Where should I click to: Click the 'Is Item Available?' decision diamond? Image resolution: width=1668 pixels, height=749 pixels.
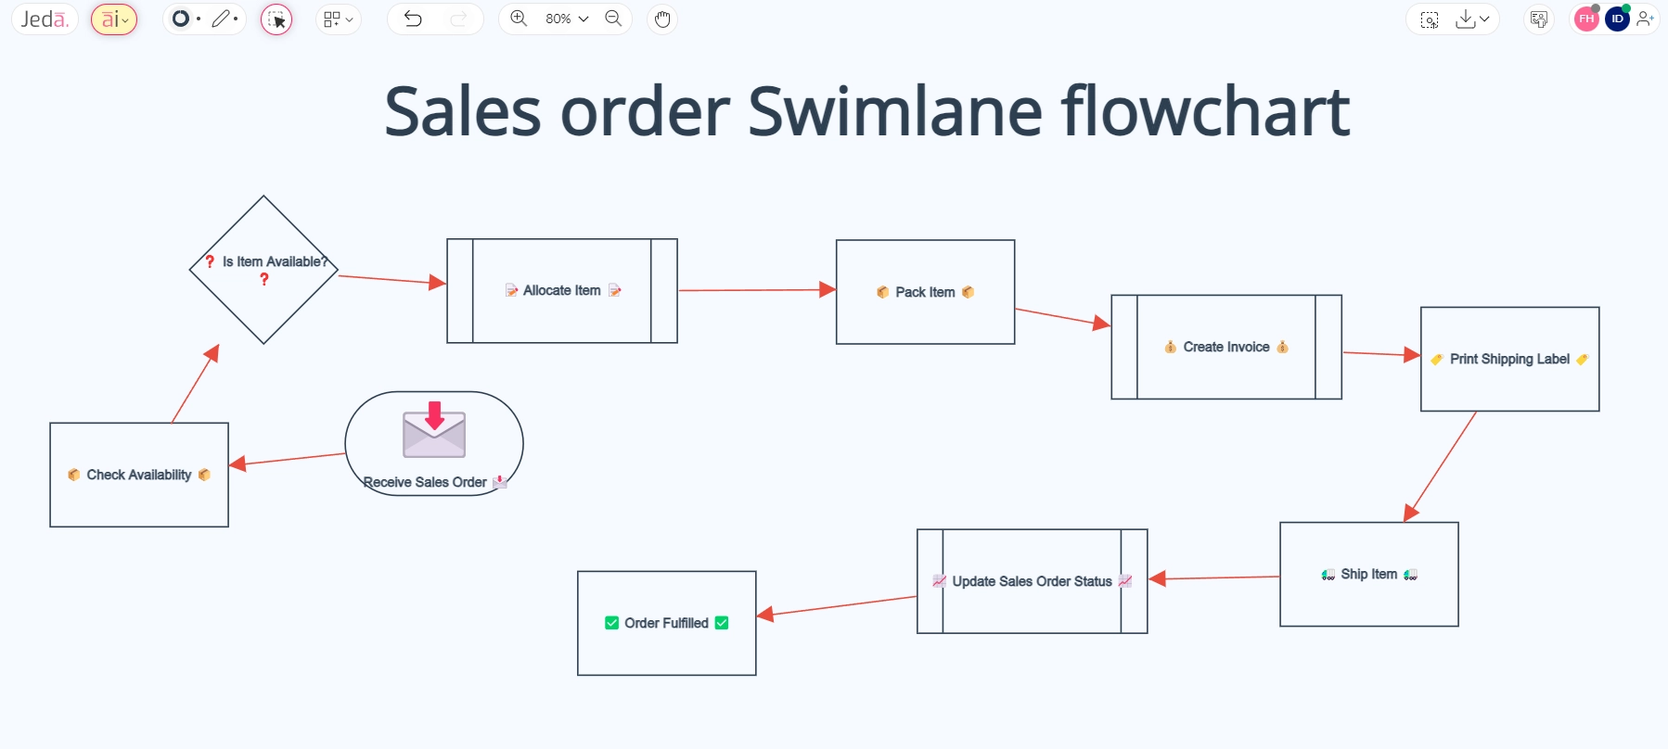263,270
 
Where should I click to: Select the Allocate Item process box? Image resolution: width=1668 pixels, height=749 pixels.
561,291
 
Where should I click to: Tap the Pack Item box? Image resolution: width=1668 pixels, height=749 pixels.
925,292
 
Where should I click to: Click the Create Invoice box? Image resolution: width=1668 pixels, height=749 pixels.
1225,347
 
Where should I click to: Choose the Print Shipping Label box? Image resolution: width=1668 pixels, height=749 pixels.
1509,359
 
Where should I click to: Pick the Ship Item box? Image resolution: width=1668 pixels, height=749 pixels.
1368,574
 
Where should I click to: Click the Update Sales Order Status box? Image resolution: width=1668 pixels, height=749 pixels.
1032,581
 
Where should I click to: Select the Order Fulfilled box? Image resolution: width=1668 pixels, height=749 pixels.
666,623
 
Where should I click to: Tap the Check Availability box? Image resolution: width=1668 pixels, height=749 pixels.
139,475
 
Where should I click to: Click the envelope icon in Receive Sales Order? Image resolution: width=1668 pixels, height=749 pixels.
434,430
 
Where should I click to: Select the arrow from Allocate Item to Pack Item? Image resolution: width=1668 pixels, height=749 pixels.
756,290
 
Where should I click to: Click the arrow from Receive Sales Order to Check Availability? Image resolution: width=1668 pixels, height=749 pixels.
288,460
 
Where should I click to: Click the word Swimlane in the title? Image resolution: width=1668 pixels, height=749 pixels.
895,111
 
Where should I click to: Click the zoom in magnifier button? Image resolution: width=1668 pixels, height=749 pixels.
519,19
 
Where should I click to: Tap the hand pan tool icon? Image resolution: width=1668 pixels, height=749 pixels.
661,19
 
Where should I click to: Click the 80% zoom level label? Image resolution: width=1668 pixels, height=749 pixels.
558,19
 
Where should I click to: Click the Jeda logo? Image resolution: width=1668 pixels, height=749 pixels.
45,19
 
